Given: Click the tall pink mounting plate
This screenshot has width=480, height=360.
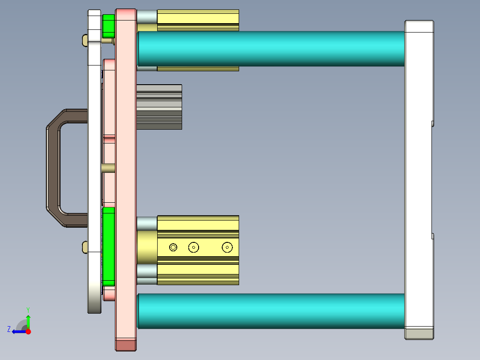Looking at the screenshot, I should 126,178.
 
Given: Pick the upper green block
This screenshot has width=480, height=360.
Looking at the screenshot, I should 108,26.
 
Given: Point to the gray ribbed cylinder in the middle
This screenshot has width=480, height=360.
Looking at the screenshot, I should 159,107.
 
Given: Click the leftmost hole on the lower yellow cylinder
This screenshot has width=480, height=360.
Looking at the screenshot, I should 173,247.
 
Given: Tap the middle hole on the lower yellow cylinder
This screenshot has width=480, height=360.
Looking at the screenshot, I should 193,247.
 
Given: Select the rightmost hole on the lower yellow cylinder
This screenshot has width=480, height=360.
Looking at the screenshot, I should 228,246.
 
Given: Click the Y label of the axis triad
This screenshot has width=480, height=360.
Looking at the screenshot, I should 28,309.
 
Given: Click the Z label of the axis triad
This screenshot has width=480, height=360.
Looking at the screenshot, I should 9,329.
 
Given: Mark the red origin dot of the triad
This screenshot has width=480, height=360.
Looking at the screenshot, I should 28,331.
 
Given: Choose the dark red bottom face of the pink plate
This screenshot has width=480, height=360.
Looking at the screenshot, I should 126,345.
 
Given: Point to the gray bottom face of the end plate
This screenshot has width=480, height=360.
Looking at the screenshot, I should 419,334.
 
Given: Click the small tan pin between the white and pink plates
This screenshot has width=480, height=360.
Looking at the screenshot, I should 108,168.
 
